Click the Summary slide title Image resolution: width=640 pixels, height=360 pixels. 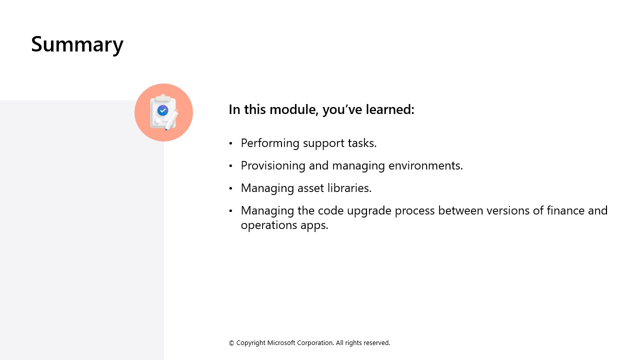tap(77, 44)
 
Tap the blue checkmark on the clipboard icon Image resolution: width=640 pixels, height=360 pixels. tap(162, 110)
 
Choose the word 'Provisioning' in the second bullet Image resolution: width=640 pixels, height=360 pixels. tap(274, 165)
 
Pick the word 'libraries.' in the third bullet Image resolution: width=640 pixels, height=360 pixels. tap(350, 188)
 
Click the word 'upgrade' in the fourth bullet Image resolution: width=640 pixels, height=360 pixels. tap(369, 210)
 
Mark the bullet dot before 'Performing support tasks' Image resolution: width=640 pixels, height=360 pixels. tap(231, 143)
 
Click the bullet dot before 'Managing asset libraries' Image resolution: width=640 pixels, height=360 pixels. tap(231, 188)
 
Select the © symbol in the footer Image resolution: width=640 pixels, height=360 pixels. tap(231, 343)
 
